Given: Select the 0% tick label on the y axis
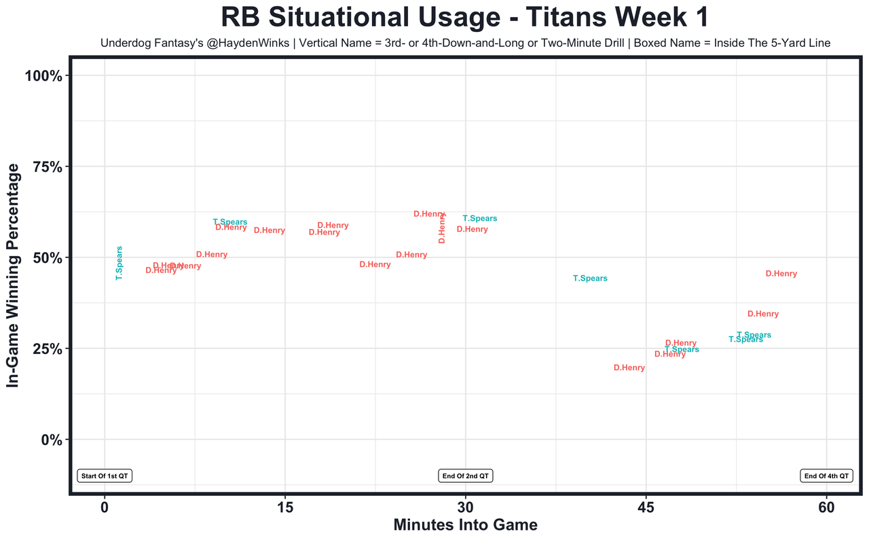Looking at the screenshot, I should click(52, 439).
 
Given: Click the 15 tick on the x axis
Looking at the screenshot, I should click(285, 508).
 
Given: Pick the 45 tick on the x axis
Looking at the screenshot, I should click(646, 508).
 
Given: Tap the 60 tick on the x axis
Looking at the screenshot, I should click(826, 508).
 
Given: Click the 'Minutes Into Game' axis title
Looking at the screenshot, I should click(466, 525).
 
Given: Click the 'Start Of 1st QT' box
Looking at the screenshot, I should click(105, 476).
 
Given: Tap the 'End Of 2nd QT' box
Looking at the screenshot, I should click(466, 476).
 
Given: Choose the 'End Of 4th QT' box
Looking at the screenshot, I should click(826, 476).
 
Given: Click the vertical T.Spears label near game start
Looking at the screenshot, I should click(119, 264).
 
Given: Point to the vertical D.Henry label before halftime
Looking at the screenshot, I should click(442, 228).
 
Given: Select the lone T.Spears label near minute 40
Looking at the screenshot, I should click(590, 278).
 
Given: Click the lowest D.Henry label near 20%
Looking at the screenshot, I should click(629, 368).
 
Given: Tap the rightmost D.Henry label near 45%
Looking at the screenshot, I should click(781, 274).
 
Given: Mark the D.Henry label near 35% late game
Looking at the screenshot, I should click(763, 314).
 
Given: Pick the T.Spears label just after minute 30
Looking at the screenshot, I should click(480, 219).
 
